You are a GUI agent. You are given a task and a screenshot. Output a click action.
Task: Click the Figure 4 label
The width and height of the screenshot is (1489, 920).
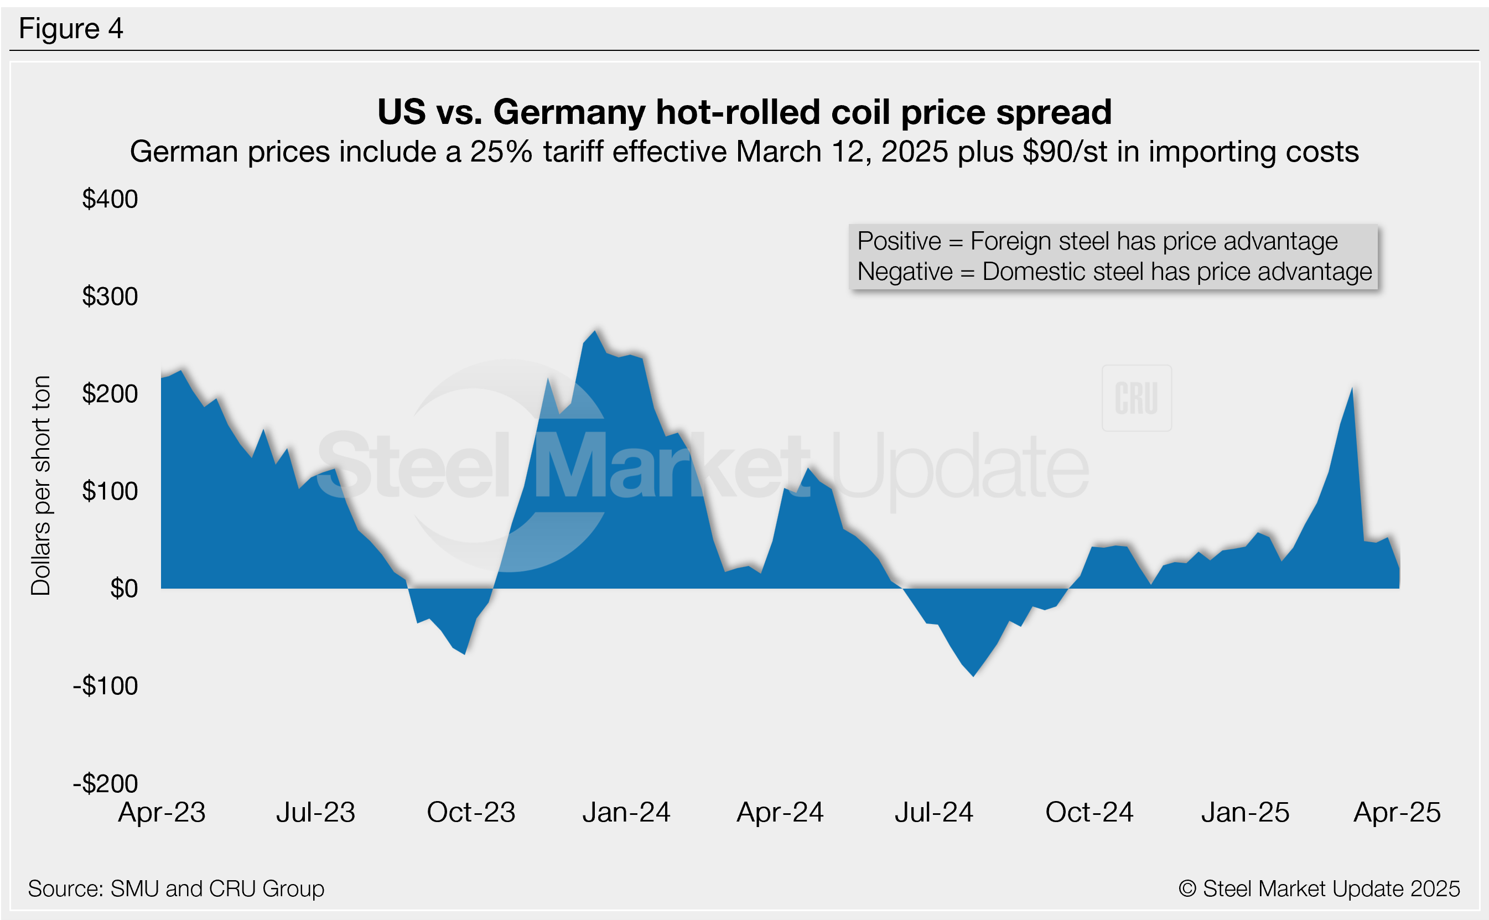(x=71, y=29)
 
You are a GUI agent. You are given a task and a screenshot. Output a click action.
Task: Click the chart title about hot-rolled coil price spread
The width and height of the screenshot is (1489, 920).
(x=744, y=112)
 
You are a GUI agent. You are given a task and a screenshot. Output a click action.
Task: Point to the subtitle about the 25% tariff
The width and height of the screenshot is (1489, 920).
(x=744, y=152)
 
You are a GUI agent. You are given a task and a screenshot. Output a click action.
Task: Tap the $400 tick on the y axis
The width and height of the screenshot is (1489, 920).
(x=110, y=199)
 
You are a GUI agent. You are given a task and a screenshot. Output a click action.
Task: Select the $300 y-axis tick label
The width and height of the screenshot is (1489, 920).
(x=110, y=297)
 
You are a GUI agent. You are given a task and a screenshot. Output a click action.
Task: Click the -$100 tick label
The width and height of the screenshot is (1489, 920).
(x=106, y=686)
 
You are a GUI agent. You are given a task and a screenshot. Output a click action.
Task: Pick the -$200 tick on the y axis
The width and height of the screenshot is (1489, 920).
(x=106, y=783)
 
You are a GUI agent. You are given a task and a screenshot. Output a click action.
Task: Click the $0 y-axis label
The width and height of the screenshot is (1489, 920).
(x=123, y=589)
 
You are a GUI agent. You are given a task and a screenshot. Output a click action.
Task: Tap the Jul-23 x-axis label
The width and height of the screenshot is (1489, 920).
(x=315, y=812)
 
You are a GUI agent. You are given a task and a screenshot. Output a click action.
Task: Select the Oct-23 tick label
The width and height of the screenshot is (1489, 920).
(x=471, y=812)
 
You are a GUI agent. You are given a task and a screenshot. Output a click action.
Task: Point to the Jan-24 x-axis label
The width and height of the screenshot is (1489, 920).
(x=626, y=812)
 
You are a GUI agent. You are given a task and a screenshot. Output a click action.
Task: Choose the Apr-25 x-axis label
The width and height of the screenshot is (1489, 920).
(x=1397, y=812)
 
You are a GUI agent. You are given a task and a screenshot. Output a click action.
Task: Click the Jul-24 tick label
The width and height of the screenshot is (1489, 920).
(x=933, y=812)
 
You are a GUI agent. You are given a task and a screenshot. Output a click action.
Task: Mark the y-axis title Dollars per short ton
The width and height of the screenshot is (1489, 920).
(x=41, y=485)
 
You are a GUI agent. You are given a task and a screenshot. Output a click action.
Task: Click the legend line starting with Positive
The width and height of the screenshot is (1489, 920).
(x=1097, y=242)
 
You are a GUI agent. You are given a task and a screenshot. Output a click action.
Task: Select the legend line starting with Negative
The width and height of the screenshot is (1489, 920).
(x=1114, y=272)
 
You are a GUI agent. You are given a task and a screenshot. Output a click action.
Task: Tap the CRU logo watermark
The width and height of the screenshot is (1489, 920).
(x=1136, y=398)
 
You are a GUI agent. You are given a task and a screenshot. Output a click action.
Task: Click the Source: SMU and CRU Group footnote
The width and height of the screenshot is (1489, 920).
(x=176, y=888)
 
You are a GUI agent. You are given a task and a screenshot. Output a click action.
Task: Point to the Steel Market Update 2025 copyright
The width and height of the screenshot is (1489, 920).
(x=1319, y=888)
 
